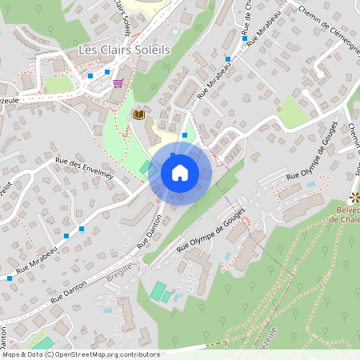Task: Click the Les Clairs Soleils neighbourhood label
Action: (124, 50)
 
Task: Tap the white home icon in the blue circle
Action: (180, 173)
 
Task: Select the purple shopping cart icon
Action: (118, 83)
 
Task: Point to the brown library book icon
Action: (140, 114)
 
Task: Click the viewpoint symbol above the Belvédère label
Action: (355, 197)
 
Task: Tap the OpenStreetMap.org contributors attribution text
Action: (108, 354)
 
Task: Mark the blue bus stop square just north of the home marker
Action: (185, 135)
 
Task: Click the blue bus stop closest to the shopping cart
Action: (106, 72)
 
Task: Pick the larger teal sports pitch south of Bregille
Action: (158, 290)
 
